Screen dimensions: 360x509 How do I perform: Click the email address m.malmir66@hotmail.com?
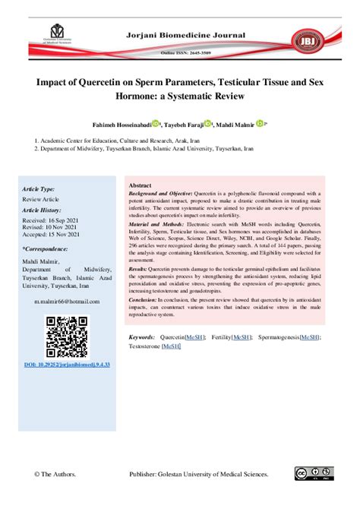[67, 302]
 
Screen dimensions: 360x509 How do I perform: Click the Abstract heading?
[140, 186]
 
